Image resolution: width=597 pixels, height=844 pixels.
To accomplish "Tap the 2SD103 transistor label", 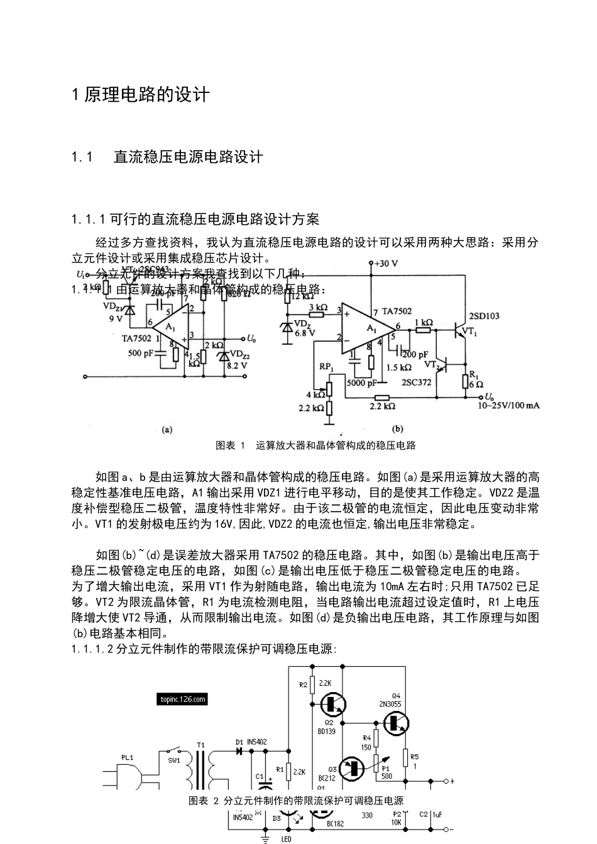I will (x=484, y=316).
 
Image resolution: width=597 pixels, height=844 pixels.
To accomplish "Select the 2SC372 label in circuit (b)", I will (x=416, y=381).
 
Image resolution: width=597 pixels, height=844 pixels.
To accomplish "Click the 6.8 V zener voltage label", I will (x=305, y=333).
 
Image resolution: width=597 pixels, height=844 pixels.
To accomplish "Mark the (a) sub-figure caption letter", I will (x=167, y=430).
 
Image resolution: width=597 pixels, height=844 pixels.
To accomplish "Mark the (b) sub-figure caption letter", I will (x=397, y=430).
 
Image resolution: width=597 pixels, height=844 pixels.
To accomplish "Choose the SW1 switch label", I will (x=174, y=760).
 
